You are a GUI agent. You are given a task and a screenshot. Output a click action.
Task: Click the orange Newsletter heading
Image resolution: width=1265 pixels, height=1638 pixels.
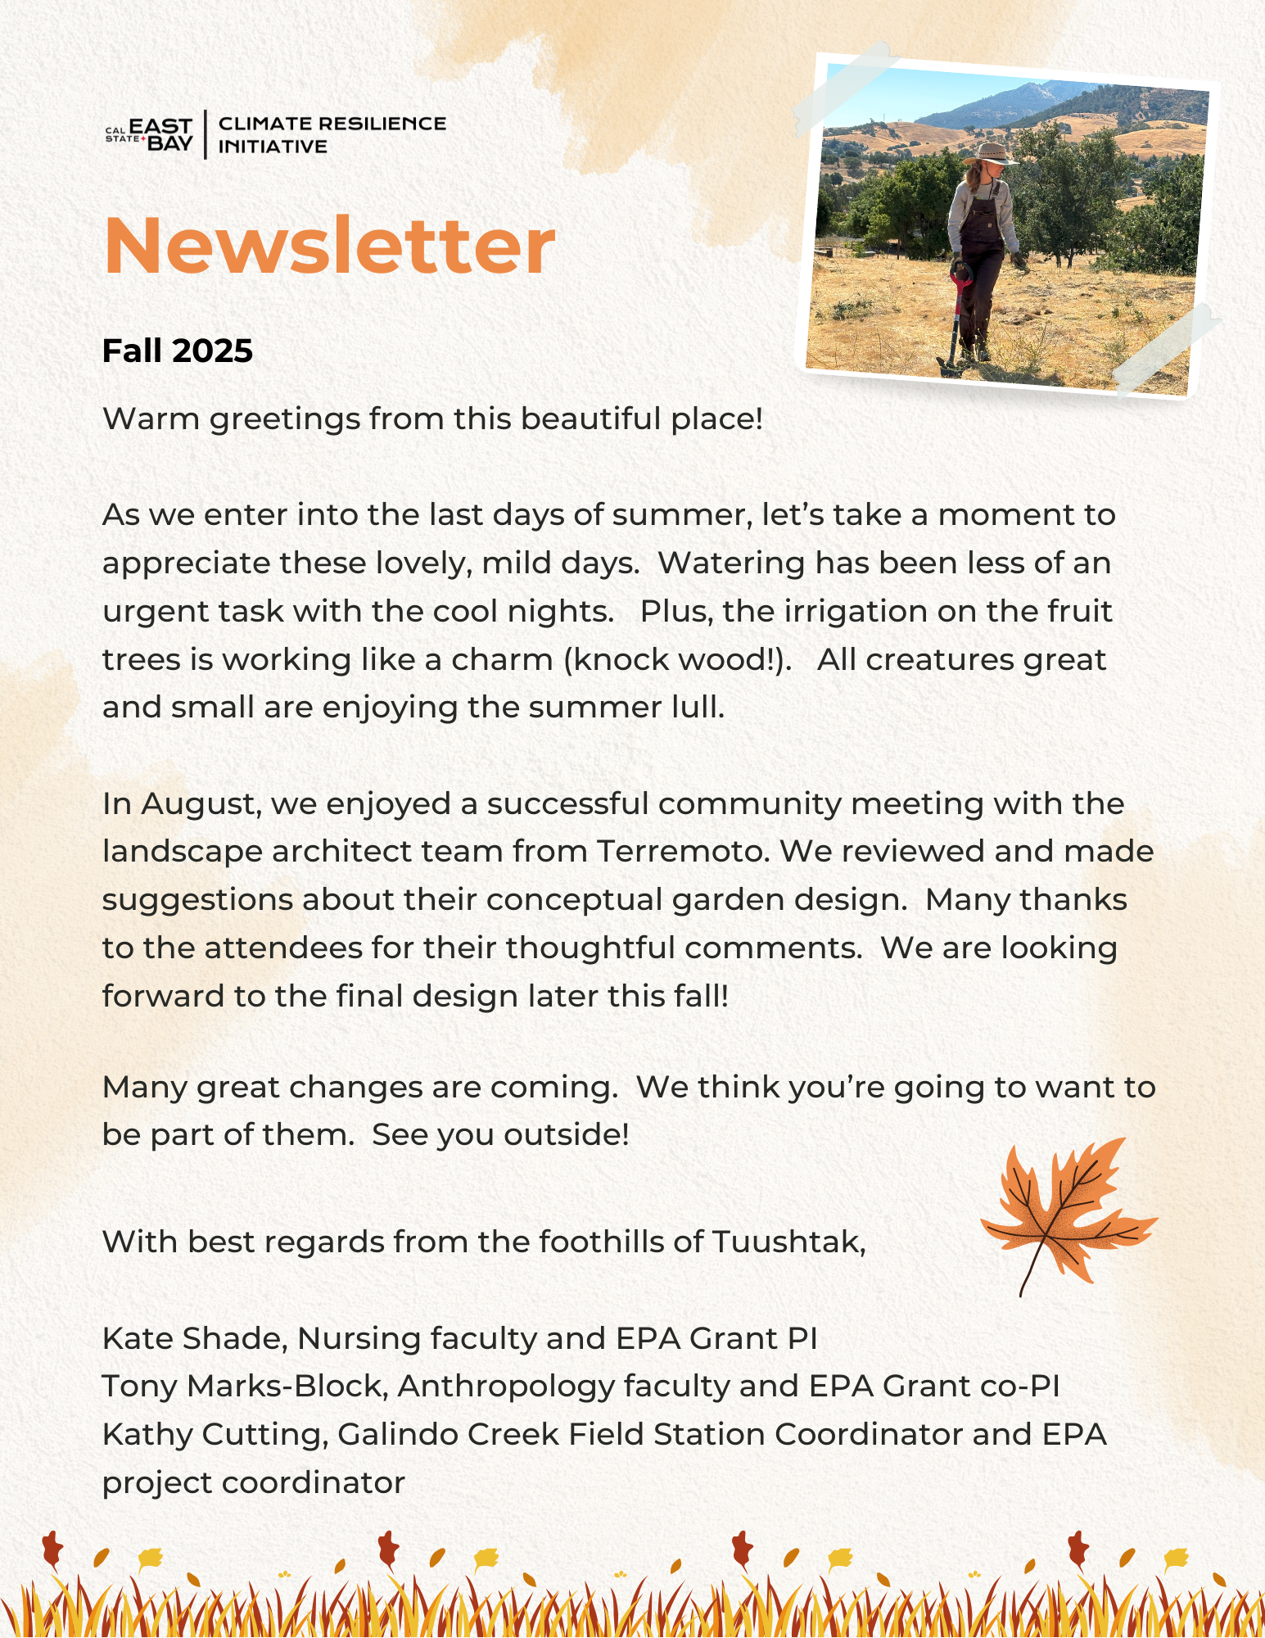pyautogui.click(x=329, y=246)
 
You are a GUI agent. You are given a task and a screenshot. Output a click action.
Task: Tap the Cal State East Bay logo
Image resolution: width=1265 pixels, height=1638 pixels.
pyautogui.click(x=149, y=134)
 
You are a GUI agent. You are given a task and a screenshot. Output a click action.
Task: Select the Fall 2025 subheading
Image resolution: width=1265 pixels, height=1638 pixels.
pyautogui.click(x=178, y=351)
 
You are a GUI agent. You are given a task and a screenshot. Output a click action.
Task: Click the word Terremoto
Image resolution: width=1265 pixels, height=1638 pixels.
pyautogui.click(x=683, y=852)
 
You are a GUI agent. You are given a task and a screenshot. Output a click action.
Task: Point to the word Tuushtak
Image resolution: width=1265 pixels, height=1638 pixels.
pyautogui.click(x=788, y=1242)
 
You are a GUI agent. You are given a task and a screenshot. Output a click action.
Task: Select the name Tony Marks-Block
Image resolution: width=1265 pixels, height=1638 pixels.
pyautogui.click(x=243, y=1386)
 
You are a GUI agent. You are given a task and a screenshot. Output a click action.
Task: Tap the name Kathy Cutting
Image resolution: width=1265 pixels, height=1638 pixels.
pyautogui.click(x=215, y=1434)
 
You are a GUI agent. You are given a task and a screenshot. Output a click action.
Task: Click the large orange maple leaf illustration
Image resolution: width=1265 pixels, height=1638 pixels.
pyautogui.click(x=1064, y=1212)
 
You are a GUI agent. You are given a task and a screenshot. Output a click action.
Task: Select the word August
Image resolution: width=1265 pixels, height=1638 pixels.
pyautogui.click(x=201, y=804)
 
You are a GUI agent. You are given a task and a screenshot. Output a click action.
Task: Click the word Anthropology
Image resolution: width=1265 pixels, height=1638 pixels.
pyautogui.click(x=506, y=1386)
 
